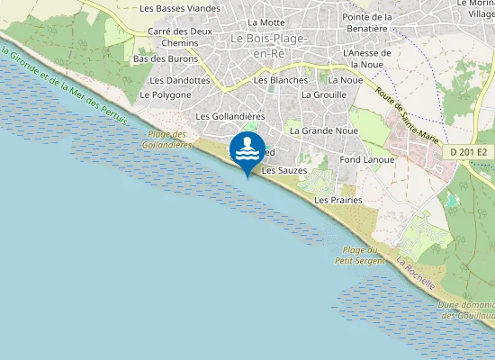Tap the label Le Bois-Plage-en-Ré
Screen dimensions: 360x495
pyautogui.click(x=269, y=45)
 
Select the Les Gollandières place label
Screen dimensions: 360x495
pyautogui.click(x=229, y=116)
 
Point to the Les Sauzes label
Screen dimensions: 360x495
pyautogui.click(x=284, y=170)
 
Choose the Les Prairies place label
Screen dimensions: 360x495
pyautogui.click(x=338, y=200)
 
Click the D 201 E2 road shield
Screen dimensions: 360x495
pyautogui.click(x=469, y=152)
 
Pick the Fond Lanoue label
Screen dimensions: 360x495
pyautogui.click(x=367, y=159)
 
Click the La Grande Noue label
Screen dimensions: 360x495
pyautogui.click(x=324, y=130)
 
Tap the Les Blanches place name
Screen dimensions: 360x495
pyautogui.click(x=282, y=80)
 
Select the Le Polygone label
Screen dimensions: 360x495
pyautogui.click(x=166, y=94)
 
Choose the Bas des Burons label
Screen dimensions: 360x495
pyautogui.click(x=165, y=59)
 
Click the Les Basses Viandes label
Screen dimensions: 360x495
pyautogui.click(x=180, y=8)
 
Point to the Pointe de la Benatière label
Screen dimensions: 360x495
pyautogui.click(x=367, y=22)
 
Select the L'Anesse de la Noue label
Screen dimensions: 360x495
pyautogui.click(x=367, y=58)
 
